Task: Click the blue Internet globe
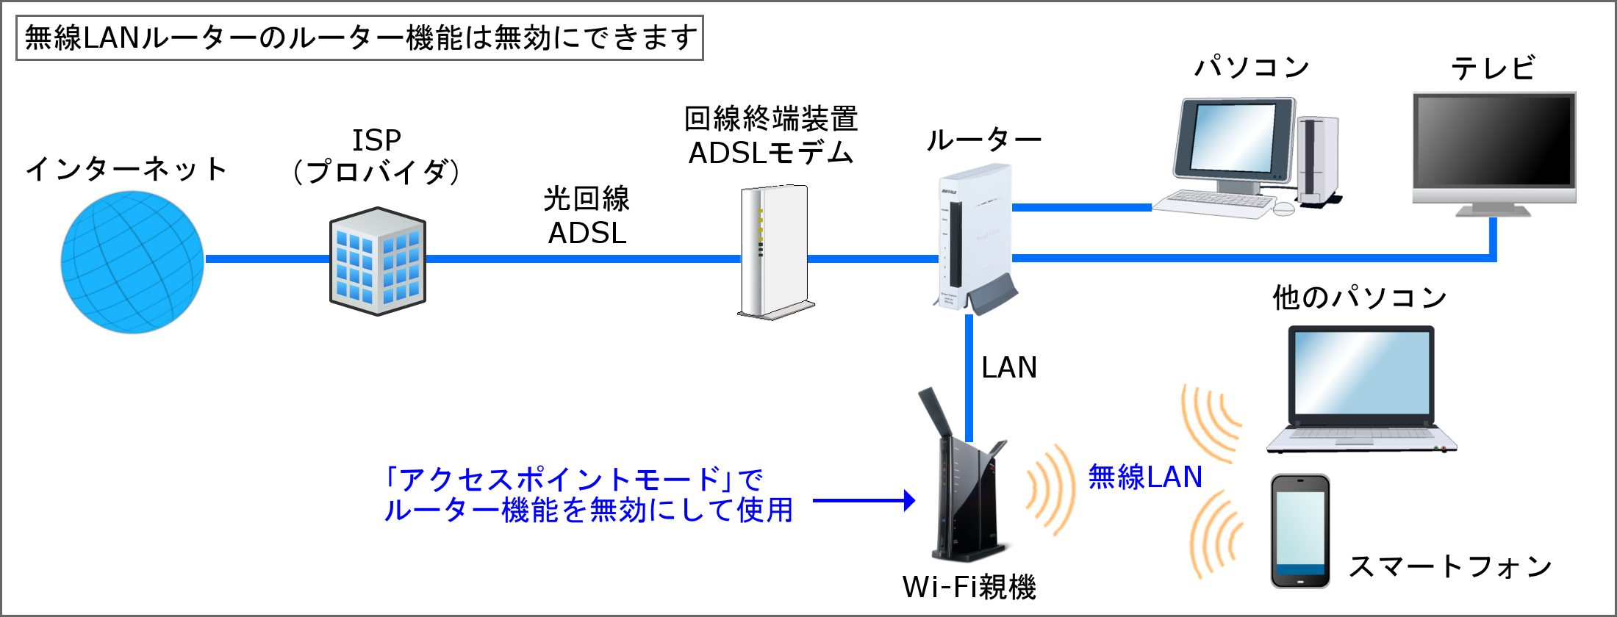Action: point(132,262)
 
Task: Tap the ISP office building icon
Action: point(377,261)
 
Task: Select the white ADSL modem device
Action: point(774,250)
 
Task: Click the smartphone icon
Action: point(1300,530)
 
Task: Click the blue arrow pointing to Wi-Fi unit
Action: point(864,501)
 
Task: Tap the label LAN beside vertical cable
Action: point(1008,367)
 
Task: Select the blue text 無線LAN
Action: point(1144,477)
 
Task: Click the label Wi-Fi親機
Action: point(969,587)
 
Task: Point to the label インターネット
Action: point(126,169)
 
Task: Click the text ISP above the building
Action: point(376,140)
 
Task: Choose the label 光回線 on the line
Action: point(587,199)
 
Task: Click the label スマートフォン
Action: point(1450,566)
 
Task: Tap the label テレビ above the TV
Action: point(1493,68)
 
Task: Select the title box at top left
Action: point(359,37)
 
